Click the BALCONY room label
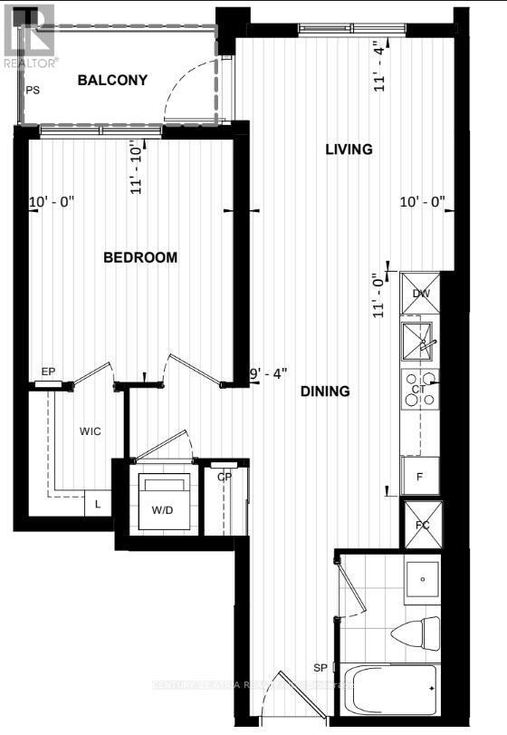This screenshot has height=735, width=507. pyautogui.click(x=112, y=81)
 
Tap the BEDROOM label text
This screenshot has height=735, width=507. pyautogui.click(x=140, y=257)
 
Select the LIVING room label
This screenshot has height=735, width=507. pyautogui.click(x=349, y=150)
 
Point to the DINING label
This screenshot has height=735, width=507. pyautogui.click(x=325, y=392)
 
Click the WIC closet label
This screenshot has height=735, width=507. pyautogui.click(x=90, y=430)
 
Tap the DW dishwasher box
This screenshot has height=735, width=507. pyautogui.click(x=420, y=293)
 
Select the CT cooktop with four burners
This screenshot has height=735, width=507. pyautogui.click(x=419, y=390)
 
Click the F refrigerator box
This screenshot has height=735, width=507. pyautogui.click(x=420, y=476)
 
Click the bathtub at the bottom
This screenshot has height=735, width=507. pyautogui.click(x=391, y=692)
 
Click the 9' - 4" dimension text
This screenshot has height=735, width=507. pyautogui.click(x=269, y=372)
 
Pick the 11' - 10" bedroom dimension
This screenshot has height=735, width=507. pyautogui.click(x=138, y=167)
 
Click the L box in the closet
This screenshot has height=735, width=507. pyautogui.click(x=98, y=504)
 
